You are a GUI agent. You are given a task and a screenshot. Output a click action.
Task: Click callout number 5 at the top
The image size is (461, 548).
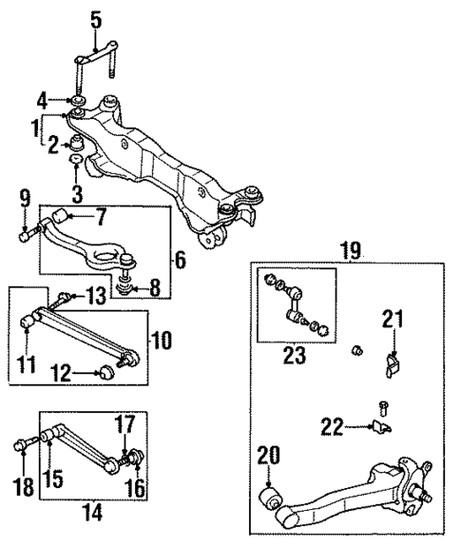[x=94, y=19]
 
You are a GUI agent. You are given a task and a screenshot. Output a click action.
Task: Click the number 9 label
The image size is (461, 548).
[x=25, y=200]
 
